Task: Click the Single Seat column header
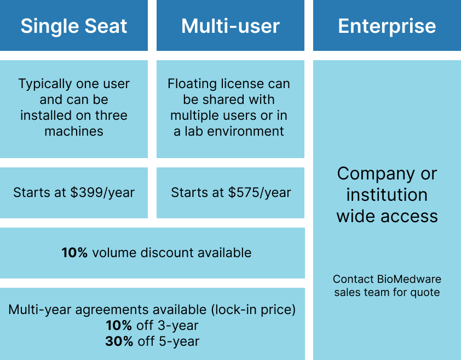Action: pos(74,26)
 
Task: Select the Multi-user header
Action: pos(230,26)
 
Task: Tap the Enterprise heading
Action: pos(387,26)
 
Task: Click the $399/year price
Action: pos(102,193)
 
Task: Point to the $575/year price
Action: pos(260,193)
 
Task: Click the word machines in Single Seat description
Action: pos(74,131)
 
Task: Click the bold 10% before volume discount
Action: pos(74,252)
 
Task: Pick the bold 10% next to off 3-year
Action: pos(119,326)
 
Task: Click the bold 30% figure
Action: pos(119,341)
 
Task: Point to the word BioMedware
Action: pos(409,279)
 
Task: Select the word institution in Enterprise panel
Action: pos(387,195)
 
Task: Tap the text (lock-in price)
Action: pos(253,310)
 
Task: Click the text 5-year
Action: pos(179,341)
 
